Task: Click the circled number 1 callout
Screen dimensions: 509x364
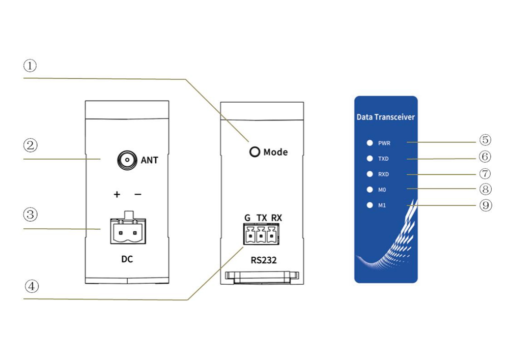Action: coord(30,66)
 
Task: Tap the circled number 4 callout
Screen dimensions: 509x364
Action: coord(32,286)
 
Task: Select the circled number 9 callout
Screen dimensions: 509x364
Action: coord(486,205)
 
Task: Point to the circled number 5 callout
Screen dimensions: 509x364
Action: coord(485,140)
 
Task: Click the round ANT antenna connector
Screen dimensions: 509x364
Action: coord(127,160)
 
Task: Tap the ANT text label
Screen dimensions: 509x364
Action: coord(149,160)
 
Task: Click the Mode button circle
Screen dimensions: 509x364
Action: coord(255,151)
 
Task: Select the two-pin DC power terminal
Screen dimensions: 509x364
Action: coord(128,228)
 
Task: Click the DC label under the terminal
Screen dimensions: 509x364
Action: coord(127,259)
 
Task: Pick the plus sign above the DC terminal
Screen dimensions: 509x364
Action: coord(117,194)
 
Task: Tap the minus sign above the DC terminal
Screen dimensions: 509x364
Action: coord(138,194)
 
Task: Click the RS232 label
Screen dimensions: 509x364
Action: coord(264,260)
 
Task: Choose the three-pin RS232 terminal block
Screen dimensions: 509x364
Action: coord(261,234)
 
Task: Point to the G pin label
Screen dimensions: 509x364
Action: coord(247,218)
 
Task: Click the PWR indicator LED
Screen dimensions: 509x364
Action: coord(370,143)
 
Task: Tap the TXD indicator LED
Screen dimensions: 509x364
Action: coord(370,159)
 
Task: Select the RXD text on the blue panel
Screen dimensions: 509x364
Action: coord(383,174)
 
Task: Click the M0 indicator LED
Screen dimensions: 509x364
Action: coord(370,190)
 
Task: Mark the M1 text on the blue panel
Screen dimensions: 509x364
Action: coord(382,205)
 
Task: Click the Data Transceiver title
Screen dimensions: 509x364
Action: coord(386,117)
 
